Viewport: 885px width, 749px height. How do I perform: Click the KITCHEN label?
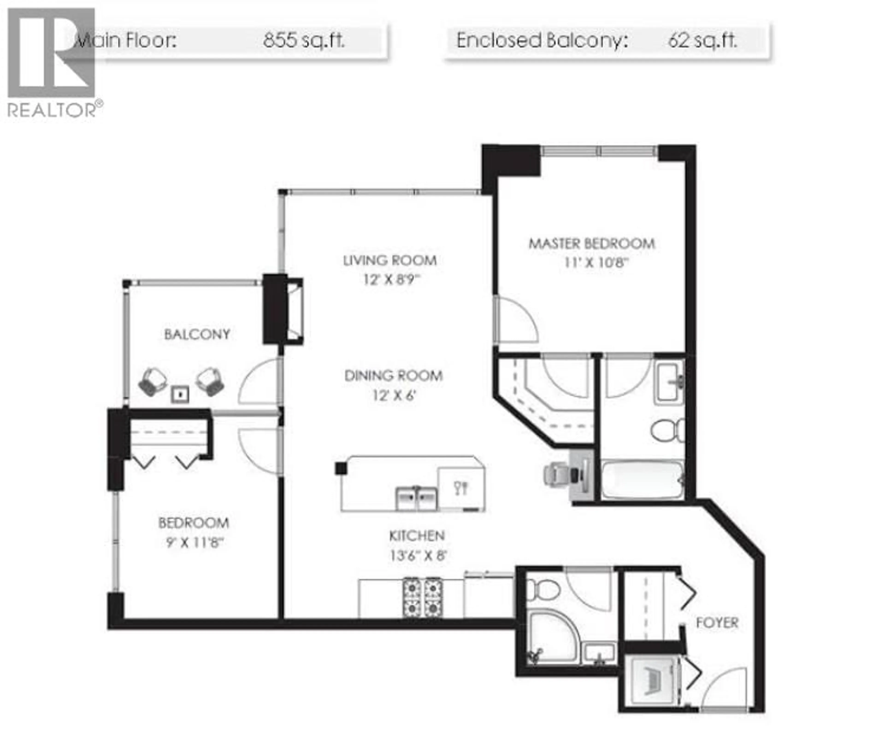(x=417, y=536)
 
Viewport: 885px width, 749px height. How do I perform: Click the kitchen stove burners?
(x=422, y=597)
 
